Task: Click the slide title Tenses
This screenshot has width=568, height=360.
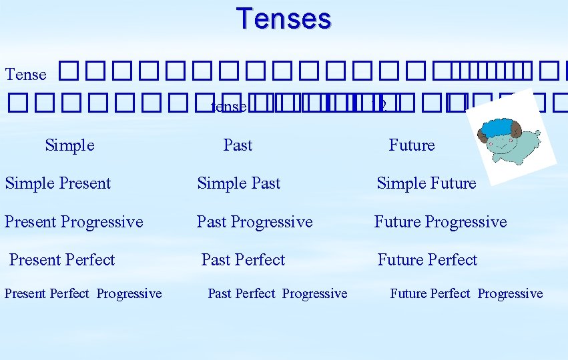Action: pyautogui.click(x=284, y=19)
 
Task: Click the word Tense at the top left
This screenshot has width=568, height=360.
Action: pyautogui.click(x=26, y=75)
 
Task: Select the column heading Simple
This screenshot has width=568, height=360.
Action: pyautogui.click(x=69, y=145)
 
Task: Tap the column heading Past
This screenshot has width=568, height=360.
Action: pyautogui.click(x=238, y=145)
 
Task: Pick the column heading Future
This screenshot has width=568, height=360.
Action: pyautogui.click(x=411, y=145)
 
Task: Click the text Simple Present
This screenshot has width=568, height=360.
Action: pyautogui.click(x=58, y=183)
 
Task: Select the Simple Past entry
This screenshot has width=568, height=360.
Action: pyautogui.click(x=239, y=183)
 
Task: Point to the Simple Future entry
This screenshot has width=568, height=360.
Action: pyautogui.click(x=427, y=183)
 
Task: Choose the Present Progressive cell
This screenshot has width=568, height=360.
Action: pyautogui.click(x=74, y=222)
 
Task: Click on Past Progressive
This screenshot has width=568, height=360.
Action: pyautogui.click(x=254, y=222)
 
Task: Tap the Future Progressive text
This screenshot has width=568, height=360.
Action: pyautogui.click(x=441, y=222)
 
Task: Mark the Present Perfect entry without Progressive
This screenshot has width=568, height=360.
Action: pyautogui.click(x=62, y=260)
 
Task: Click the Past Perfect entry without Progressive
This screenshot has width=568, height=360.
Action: pyautogui.click(x=243, y=260)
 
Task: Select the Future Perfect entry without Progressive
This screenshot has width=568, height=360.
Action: pyautogui.click(x=427, y=260)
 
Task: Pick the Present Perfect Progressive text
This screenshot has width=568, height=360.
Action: pyautogui.click(x=83, y=294)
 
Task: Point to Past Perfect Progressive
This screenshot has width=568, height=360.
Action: pyautogui.click(x=278, y=294)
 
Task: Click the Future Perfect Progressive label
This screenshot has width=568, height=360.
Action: pyautogui.click(x=467, y=294)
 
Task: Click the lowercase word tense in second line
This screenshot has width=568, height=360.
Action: pyautogui.click(x=228, y=107)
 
